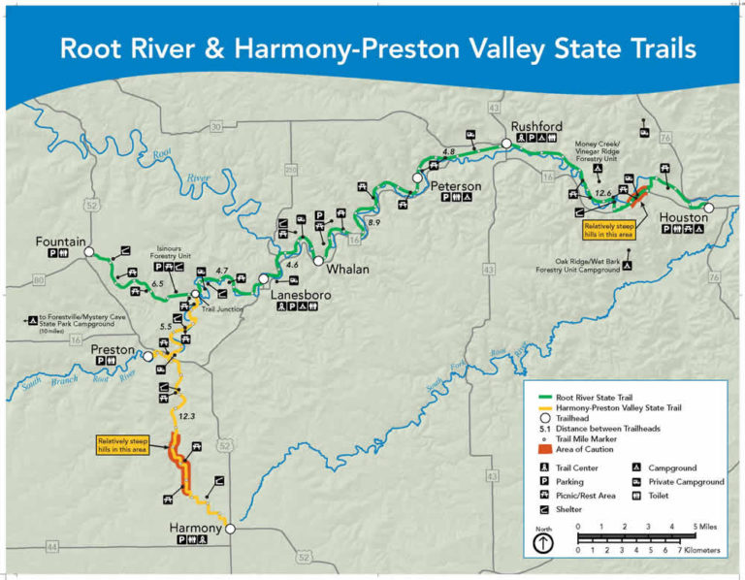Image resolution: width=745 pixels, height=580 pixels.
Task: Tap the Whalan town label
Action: [x=347, y=269]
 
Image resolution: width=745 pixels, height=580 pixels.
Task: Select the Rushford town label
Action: [x=537, y=125]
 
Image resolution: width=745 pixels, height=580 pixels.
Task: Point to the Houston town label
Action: [x=685, y=218]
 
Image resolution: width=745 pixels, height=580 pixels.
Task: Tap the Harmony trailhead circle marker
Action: [x=230, y=529]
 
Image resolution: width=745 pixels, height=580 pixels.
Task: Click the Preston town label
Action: [x=113, y=347]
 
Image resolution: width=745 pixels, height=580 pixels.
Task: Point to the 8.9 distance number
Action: [x=373, y=224]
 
